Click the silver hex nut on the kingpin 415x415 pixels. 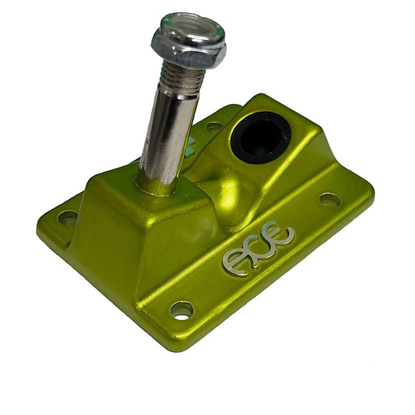[188, 50]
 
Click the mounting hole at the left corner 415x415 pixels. [67, 217]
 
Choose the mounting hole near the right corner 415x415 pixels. [329, 200]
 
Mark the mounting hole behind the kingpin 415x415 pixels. [214, 126]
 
